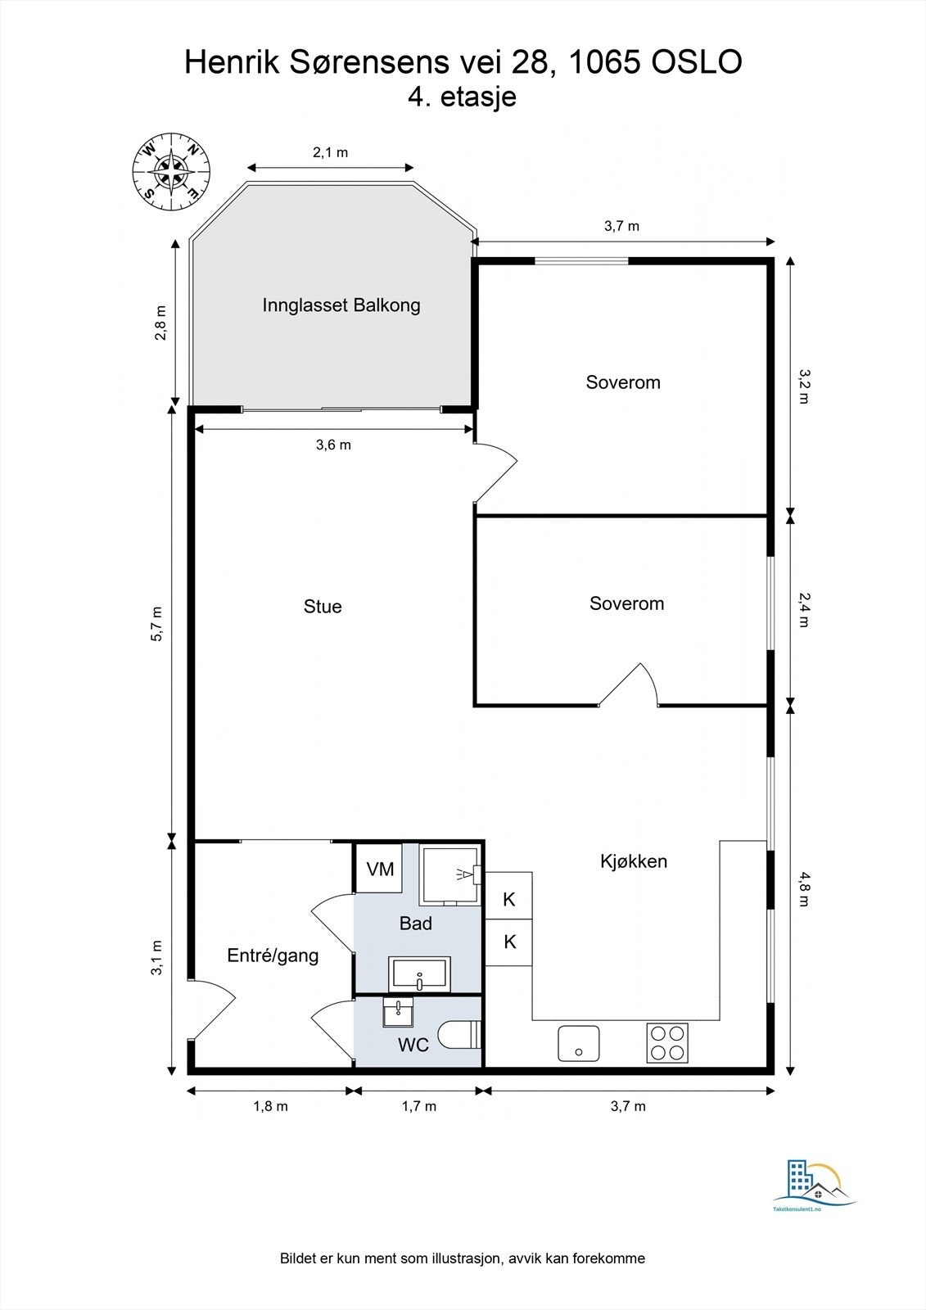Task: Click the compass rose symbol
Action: [x=171, y=171]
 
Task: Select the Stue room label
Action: [x=323, y=607]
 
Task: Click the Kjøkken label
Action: [x=634, y=861]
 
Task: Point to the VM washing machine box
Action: [x=380, y=869]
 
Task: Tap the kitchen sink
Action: [x=579, y=1043]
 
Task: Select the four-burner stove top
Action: [x=667, y=1043]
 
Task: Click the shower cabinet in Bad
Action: [x=451, y=874]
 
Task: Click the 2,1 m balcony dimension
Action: [x=331, y=152]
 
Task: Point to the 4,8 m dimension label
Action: [x=806, y=889]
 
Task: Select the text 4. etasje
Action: [x=462, y=97]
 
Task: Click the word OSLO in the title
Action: [x=697, y=62]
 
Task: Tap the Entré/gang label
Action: [x=273, y=955]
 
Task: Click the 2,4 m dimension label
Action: [x=806, y=610]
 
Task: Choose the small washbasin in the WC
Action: [x=399, y=1012]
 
